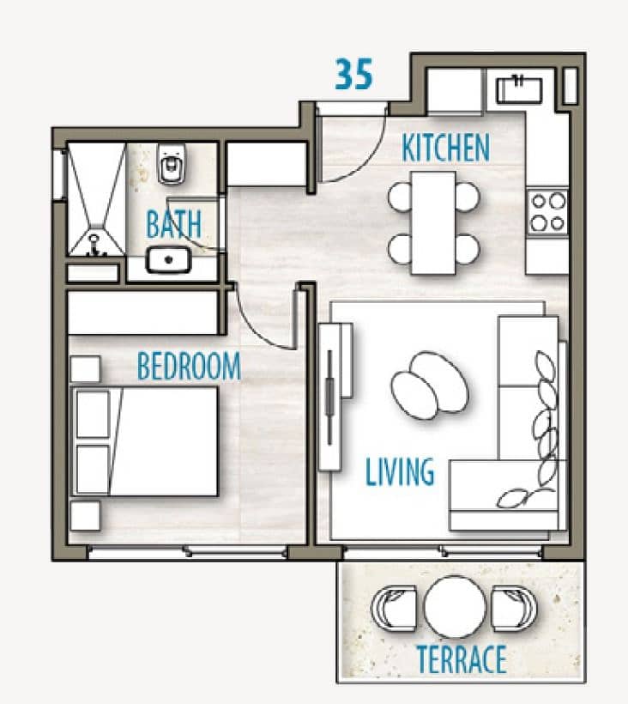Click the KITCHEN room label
click(x=445, y=148)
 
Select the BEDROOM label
click(x=189, y=366)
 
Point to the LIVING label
click(x=400, y=471)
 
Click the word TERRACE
click(x=462, y=658)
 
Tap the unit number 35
click(x=354, y=74)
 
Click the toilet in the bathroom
click(x=172, y=164)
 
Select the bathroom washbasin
click(x=168, y=260)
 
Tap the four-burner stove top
click(x=547, y=212)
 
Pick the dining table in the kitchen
click(x=433, y=222)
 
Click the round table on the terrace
click(x=455, y=607)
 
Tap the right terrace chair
click(x=514, y=608)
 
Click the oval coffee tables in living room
click(x=430, y=385)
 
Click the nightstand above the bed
click(x=85, y=369)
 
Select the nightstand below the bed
click(x=85, y=516)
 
